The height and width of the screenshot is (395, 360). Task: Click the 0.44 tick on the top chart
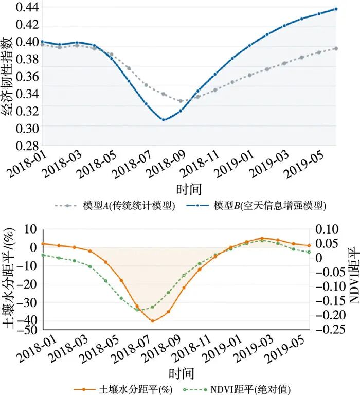click(27, 7)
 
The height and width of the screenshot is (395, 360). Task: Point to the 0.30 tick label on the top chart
click(27, 129)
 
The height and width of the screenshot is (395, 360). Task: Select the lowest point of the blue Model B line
click(164, 120)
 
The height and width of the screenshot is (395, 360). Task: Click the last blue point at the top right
click(336, 9)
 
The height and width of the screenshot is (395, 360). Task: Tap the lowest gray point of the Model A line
click(181, 101)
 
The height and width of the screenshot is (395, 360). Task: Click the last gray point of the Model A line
click(336, 48)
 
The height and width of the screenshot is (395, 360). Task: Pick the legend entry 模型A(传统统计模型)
click(115, 206)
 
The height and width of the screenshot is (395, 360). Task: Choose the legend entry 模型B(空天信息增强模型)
click(256, 206)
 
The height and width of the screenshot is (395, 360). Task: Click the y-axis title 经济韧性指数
click(7, 76)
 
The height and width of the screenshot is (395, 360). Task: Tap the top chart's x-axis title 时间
click(189, 189)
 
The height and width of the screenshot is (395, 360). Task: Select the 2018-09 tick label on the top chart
click(166, 164)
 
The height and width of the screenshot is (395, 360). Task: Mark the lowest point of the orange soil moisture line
click(152, 321)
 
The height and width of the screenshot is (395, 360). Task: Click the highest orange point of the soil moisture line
click(262, 238)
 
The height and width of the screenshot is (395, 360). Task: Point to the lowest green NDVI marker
click(137, 310)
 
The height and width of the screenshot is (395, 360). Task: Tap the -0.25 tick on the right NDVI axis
click(330, 329)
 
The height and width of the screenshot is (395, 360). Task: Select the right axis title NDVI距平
click(353, 275)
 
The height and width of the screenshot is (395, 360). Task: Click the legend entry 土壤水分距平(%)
click(123, 390)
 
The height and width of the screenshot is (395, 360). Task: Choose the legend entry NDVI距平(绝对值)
click(237, 390)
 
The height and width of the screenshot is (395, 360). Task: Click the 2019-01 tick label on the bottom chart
click(222, 348)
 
